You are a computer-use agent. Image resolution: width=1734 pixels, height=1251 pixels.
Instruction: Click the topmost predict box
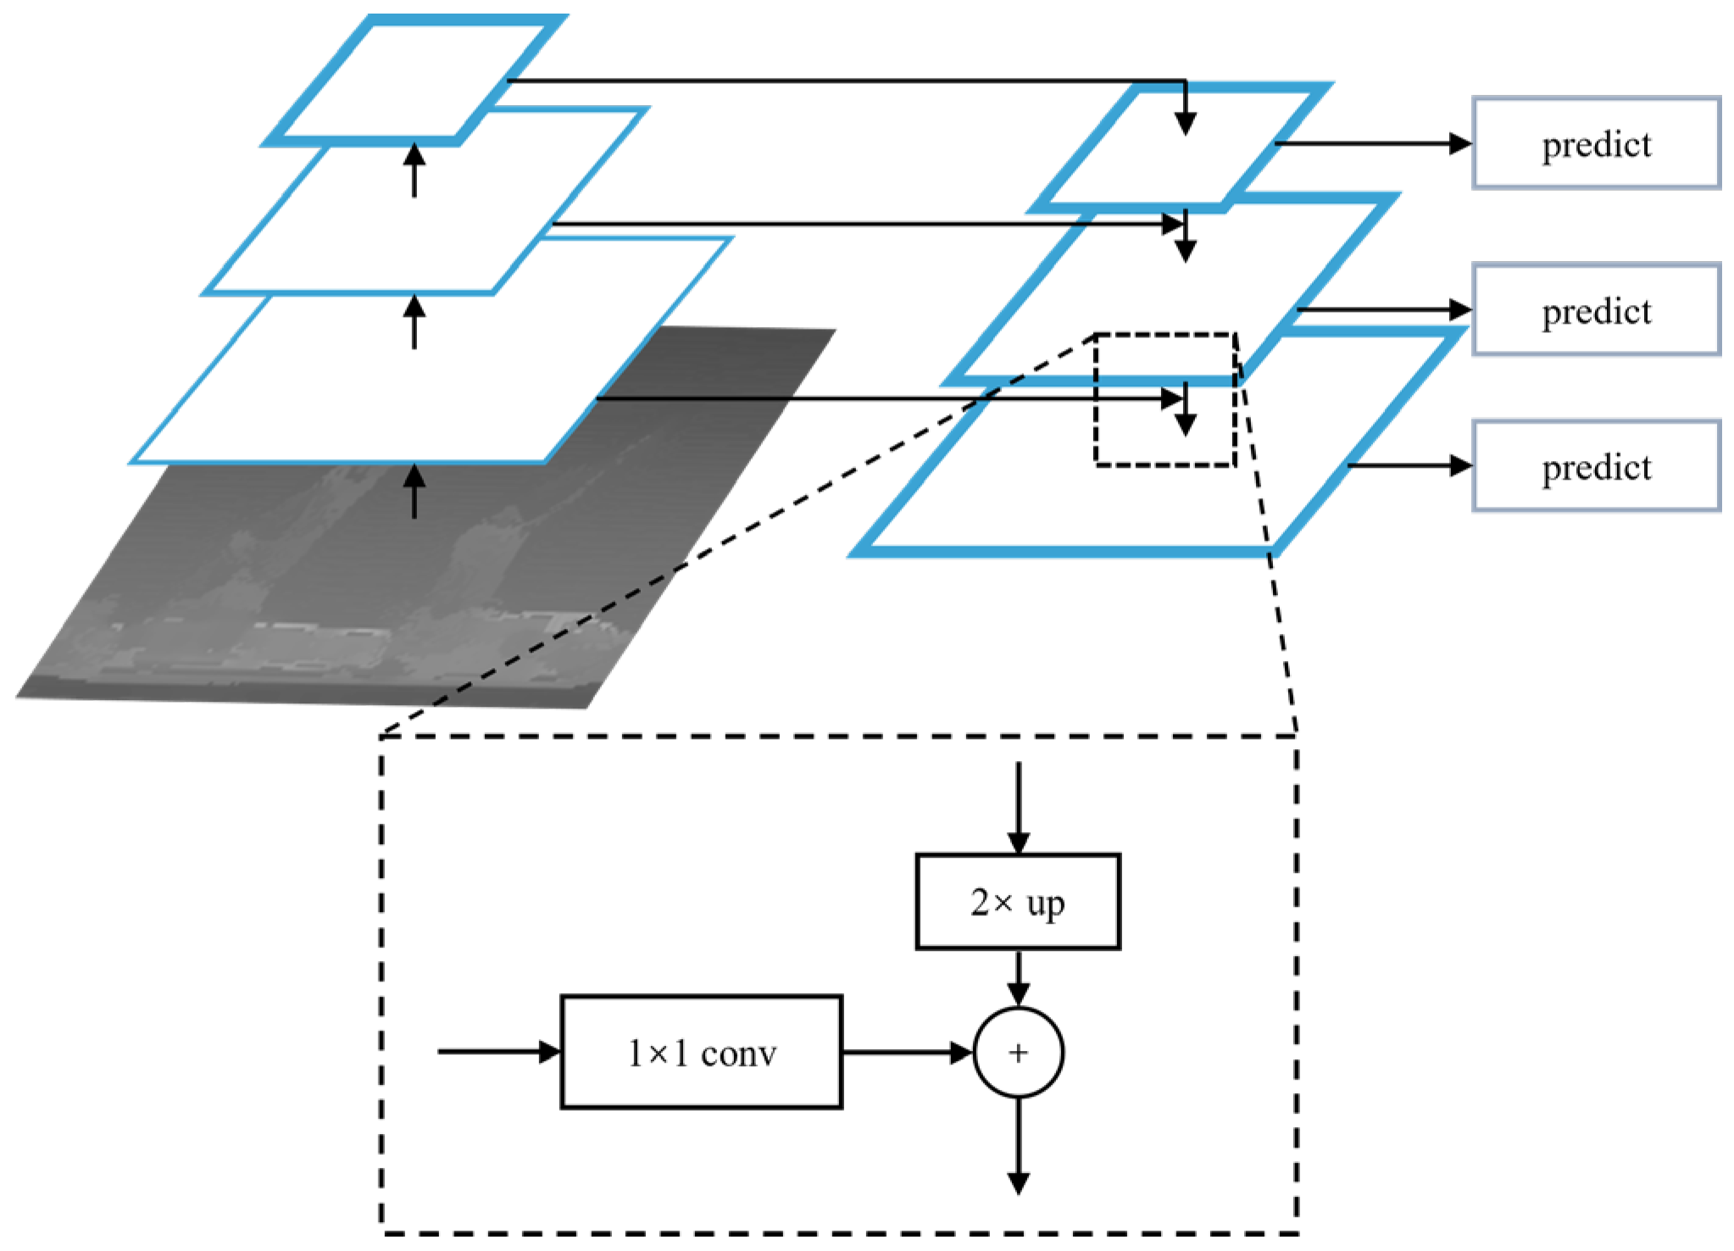(1596, 143)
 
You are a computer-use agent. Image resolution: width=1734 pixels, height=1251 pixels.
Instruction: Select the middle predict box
(1596, 310)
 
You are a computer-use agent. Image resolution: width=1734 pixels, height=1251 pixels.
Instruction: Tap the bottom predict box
(1596, 466)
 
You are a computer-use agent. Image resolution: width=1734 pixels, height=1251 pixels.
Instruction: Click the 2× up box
(1018, 901)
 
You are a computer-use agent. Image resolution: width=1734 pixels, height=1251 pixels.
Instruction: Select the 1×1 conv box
(701, 1052)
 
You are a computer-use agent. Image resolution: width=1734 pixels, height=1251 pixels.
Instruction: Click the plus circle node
(1018, 1053)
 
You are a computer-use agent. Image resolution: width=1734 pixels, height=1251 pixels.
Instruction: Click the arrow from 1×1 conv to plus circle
(907, 1053)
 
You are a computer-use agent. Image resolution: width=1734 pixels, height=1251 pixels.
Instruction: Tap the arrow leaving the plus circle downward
(1018, 1144)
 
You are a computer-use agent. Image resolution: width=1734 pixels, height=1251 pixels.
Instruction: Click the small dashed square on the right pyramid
(1165, 399)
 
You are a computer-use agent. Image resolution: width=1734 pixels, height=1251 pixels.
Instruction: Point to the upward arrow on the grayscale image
(414, 492)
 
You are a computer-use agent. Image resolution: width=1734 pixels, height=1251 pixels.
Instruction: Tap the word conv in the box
(738, 1054)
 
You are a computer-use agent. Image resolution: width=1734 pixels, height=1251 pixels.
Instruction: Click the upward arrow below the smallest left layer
(414, 170)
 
